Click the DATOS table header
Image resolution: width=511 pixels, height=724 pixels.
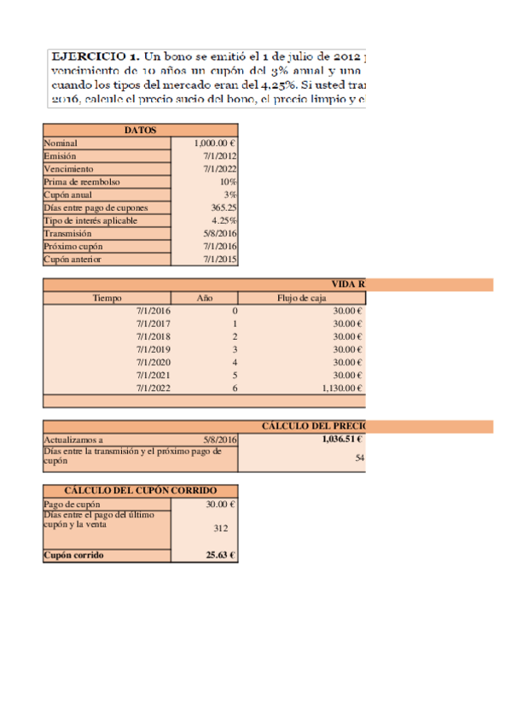[x=140, y=130]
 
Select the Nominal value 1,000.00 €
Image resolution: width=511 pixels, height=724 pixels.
[x=215, y=143]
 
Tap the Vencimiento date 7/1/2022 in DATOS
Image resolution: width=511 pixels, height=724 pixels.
[x=220, y=169]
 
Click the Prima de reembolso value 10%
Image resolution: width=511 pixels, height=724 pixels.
[x=228, y=182]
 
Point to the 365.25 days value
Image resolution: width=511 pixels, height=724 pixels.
[x=224, y=208]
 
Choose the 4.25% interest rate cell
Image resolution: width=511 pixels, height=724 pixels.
[x=224, y=221]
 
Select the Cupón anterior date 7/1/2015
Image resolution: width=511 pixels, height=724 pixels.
[x=220, y=260]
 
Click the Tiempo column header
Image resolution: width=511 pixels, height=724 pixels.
[x=107, y=298]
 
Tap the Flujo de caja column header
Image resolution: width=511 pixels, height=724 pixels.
[x=301, y=298]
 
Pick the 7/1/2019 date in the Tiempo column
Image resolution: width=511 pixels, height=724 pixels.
[x=154, y=349]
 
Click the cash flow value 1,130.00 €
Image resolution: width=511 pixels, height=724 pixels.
[x=341, y=388]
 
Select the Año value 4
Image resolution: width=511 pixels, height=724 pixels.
[x=234, y=362]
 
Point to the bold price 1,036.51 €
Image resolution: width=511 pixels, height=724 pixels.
[x=342, y=439]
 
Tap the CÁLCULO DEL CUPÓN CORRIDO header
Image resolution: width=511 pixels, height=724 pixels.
[x=140, y=491]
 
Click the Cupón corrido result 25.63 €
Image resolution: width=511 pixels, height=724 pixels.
[x=220, y=555]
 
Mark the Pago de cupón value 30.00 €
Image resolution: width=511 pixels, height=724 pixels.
[x=219, y=504]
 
